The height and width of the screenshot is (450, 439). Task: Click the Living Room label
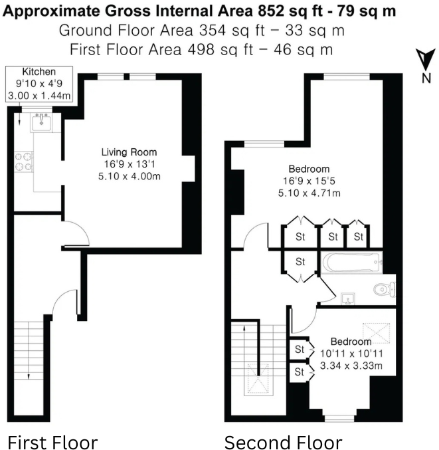click(129, 152)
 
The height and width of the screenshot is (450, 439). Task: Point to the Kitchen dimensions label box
click(39, 83)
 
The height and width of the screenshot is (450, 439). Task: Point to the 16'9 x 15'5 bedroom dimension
click(308, 181)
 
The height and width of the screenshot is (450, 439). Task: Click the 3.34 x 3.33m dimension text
click(349, 366)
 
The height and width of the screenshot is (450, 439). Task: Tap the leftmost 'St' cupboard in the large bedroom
click(300, 236)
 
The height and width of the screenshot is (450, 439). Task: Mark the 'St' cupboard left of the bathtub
click(300, 261)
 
